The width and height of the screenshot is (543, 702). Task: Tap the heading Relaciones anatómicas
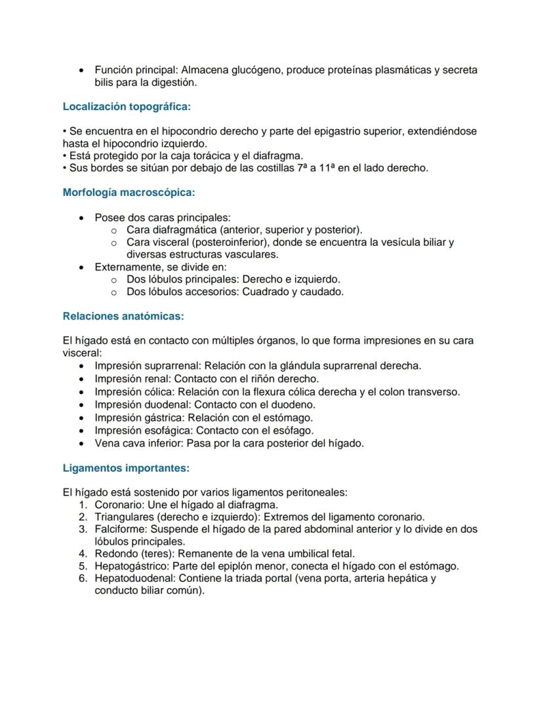[x=123, y=316]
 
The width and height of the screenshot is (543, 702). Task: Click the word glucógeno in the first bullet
[x=256, y=69]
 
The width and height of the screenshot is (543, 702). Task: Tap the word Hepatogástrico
[x=127, y=566]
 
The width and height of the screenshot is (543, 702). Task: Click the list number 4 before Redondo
[x=83, y=554]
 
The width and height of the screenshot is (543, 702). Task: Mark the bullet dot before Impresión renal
[x=81, y=379]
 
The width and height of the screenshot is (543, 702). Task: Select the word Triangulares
[x=125, y=517]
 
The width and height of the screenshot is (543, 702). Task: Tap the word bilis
[x=106, y=83]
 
